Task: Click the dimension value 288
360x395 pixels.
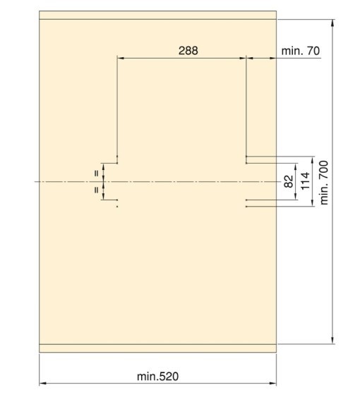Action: coord(188,51)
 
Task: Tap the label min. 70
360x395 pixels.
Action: coord(301,51)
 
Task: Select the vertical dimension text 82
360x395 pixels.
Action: coord(289,181)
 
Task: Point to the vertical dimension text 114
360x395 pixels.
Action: coord(305,181)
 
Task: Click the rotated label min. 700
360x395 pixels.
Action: coord(324,183)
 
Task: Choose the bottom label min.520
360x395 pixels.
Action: coord(158,377)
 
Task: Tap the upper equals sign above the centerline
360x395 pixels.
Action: coord(96,174)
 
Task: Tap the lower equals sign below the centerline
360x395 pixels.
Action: coord(96,190)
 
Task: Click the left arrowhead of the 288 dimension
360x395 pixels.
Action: coord(121,58)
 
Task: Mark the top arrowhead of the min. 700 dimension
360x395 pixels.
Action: coord(332,23)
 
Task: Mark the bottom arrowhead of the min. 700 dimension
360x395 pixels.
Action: coord(332,340)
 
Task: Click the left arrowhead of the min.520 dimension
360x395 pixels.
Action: coord(43,384)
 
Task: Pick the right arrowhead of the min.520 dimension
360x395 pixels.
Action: coord(272,384)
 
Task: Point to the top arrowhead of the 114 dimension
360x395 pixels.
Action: coord(313,159)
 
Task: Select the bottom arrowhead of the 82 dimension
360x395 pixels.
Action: coord(296,197)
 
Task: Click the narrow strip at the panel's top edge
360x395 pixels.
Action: coord(158,15)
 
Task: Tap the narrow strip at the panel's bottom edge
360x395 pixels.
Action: coord(158,348)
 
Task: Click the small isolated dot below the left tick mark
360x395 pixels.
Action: coord(117,207)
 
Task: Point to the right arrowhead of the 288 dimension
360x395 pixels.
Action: coord(243,58)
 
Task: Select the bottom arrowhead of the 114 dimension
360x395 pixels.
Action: coord(313,203)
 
